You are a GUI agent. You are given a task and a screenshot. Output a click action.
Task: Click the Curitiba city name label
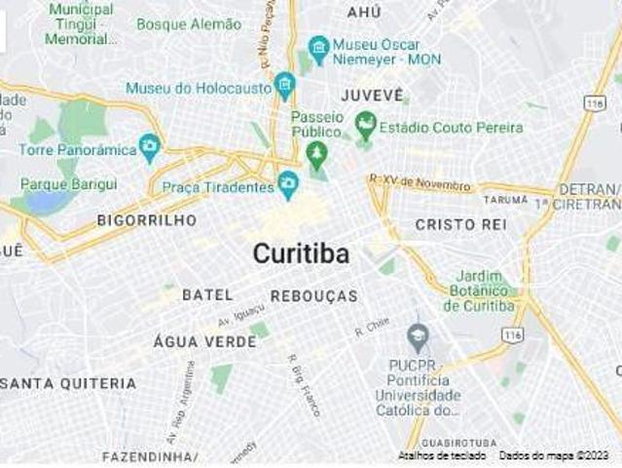[301, 253]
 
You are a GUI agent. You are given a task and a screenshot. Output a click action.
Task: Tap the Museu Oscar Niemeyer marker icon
[318, 46]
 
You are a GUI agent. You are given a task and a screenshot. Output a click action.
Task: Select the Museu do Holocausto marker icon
[284, 85]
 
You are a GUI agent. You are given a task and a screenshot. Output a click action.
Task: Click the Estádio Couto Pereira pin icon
[365, 125]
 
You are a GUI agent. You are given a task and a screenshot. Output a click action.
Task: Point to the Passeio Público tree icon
[315, 153]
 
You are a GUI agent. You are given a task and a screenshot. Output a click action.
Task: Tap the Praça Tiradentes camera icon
[288, 182]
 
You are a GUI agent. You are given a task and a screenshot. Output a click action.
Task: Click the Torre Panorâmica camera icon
[149, 147]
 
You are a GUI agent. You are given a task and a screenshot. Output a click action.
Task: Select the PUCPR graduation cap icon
[419, 338]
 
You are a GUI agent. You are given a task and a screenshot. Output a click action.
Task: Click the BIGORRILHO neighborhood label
[146, 220]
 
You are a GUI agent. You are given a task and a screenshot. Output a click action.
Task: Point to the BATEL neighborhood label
[207, 294]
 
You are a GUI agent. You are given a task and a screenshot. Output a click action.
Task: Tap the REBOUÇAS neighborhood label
[313, 295]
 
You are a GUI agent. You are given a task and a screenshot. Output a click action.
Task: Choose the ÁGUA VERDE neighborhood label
[204, 342]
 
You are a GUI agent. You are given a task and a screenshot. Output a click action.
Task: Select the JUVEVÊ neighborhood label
[372, 96]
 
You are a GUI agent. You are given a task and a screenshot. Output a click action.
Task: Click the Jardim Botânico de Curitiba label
[483, 291]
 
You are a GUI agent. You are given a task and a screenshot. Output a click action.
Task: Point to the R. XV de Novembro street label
[421, 182]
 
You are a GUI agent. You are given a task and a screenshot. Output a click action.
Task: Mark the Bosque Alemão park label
[189, 23]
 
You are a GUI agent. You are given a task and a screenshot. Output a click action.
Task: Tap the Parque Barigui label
[68, 183]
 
